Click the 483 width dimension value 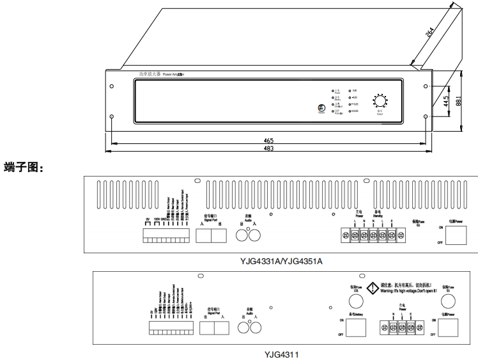pyautogui.click(x=268, y=148)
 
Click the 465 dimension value pyautogui.click(x=268, y=139)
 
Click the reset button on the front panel pyautogui.click(x=321, y=108)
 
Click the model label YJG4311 pyautogui.click(x=281, y=353)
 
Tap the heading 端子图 pyautogui.click(x=24, y=168)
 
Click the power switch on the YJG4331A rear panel pyautogui.click(x=456, y=235)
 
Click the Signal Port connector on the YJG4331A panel pyautogui.click(x=211, y=235)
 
